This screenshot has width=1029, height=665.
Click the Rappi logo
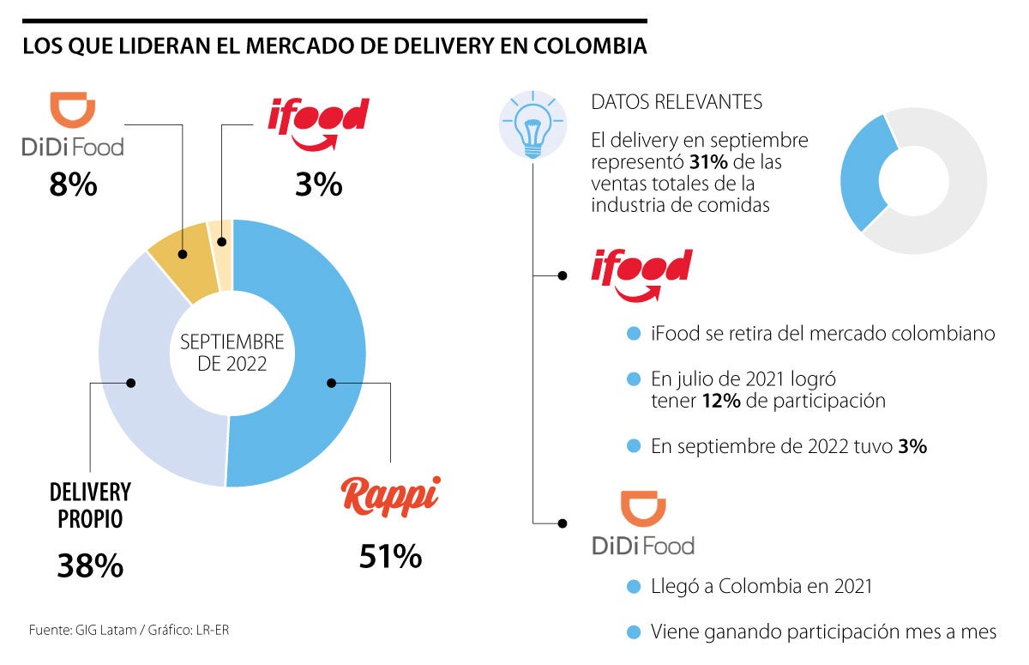point(390,497)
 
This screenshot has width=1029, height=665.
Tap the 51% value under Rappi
point(390,557)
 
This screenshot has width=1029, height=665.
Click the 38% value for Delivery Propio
point(90,565)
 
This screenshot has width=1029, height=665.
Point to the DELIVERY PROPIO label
point(90,505)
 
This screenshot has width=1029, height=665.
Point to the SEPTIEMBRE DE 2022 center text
point(232,353)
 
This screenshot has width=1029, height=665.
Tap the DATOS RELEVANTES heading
point(677,102)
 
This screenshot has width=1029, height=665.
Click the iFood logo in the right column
point(641,274)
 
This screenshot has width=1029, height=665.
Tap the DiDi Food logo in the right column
point(643,524)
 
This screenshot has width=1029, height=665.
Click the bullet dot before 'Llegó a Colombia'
point(634,587)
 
